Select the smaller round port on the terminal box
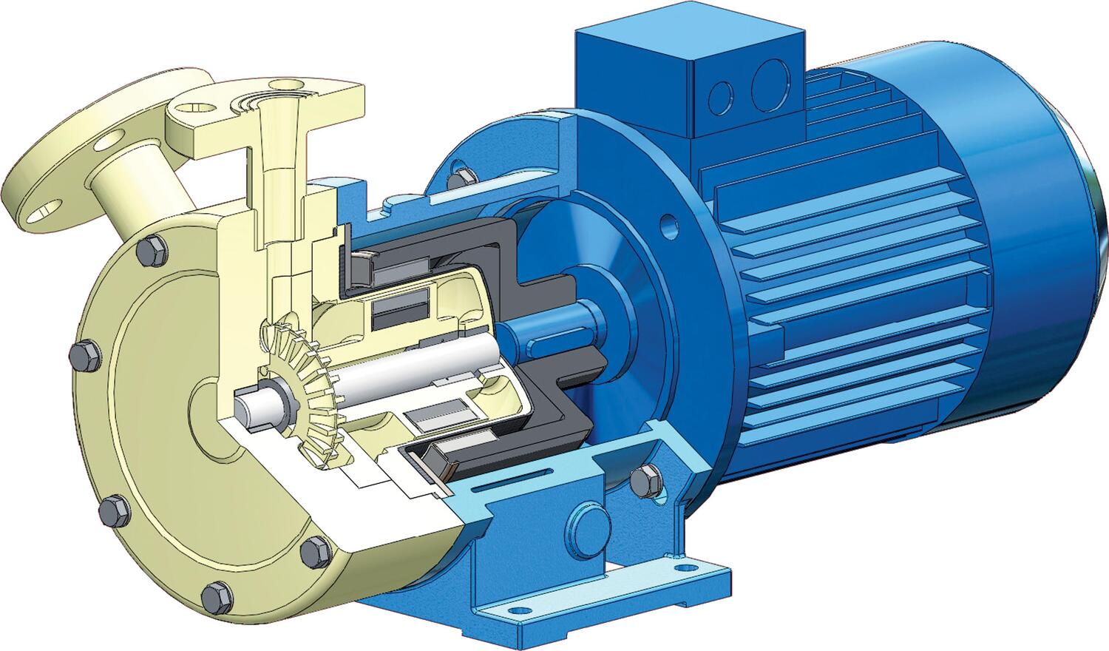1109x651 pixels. tap(720, 96)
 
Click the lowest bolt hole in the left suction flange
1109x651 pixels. tap(33, 215)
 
